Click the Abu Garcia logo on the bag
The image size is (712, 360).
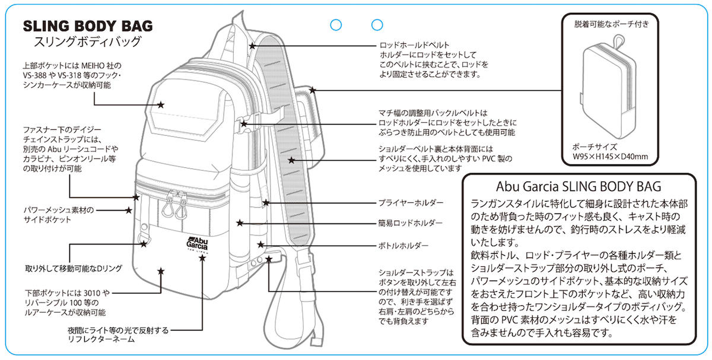pyautogui.click(x=191, y=244)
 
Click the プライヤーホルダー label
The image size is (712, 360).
pyautogui.click(x=411, y=203)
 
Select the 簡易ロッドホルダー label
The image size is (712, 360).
pyautogui.click(x=411, y=223)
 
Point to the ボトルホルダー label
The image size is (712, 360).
pyautogui.click(x=403, y=244)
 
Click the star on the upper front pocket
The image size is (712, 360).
pyautogui.click(x=161, y=105)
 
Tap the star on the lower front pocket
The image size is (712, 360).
pyautogui.click(x=161, y=271)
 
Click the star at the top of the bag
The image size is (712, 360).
pyautogui.click(x=253, y=45)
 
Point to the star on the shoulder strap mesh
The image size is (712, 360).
pyautogui.click(x=291, y=160)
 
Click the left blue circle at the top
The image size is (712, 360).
pyautogui.click(x=336, y=25)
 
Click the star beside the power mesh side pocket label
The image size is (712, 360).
pyautogui.click(x=128, y=210)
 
